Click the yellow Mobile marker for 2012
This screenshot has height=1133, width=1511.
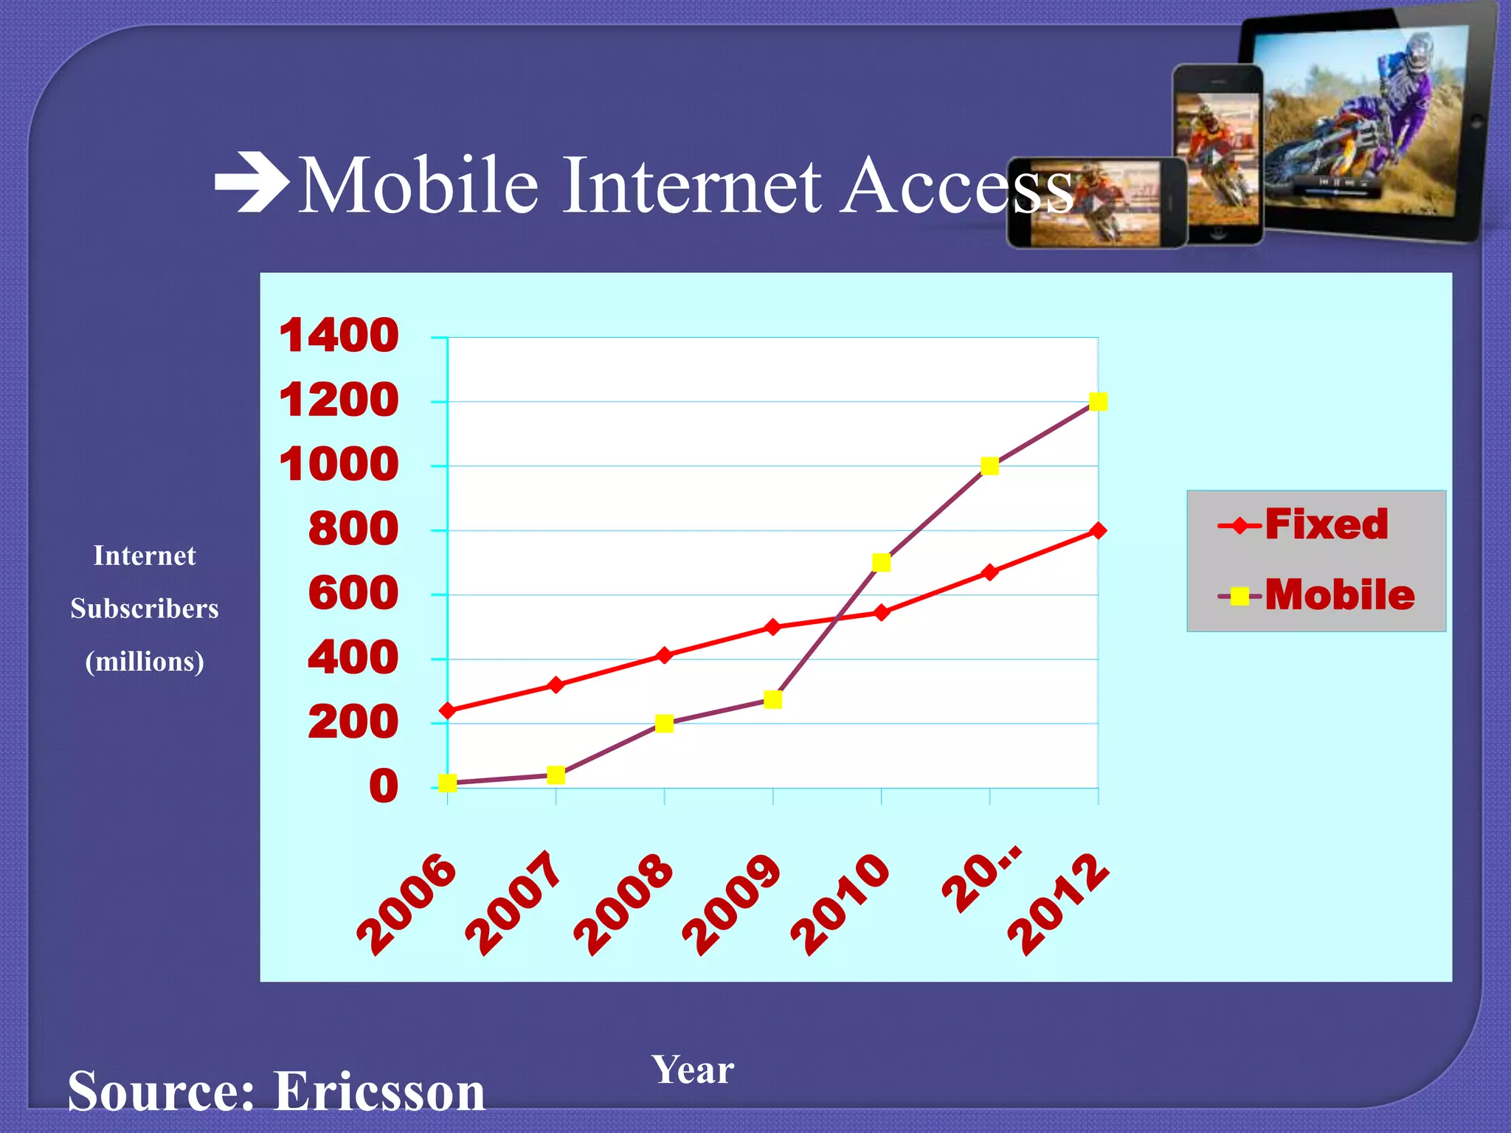pos(1098,402)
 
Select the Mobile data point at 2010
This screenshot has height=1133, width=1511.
pos(881,563)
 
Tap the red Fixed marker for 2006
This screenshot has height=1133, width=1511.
pos(447,711)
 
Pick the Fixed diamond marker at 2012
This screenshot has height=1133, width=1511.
pos(1098,530)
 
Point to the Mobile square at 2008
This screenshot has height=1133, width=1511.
pos(664,724)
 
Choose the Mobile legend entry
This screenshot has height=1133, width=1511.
pos(1318,595)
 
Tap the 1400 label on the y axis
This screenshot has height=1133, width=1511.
pos(339,336)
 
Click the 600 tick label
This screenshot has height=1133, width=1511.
pos(353,593)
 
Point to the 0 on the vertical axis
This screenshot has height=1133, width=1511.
pos(384,786)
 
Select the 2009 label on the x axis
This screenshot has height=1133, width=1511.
pos(730,904)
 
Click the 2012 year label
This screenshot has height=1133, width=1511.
pos(1057,904)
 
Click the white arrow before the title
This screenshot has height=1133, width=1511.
pos(252,182)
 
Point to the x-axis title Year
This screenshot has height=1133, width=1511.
pos(692,1070)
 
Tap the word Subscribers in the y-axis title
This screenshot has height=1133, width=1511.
pos(145,609)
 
